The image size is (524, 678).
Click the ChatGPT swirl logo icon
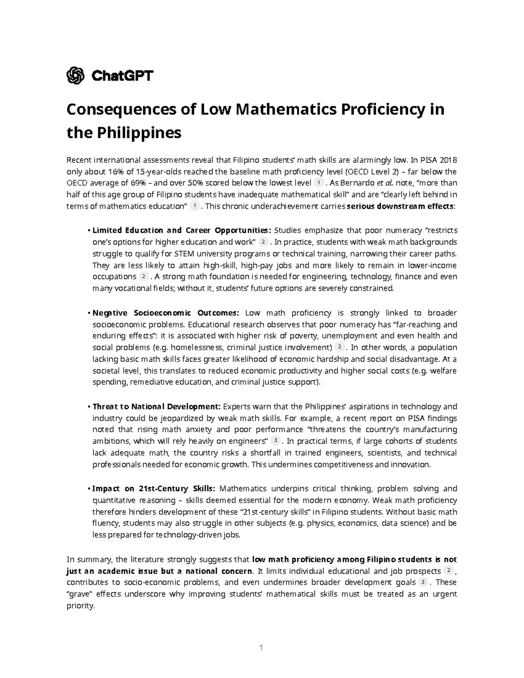tap(75, 76)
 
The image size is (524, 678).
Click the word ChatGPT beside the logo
tap(122, 76)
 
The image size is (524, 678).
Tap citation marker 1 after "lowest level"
tap(319, 182)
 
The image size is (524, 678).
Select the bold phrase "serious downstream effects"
tap(400, 206)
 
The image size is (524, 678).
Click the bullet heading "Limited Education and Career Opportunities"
tap(182, 230)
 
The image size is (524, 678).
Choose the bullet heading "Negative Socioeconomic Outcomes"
tap(166, 313)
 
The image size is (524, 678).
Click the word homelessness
tap(196, 348)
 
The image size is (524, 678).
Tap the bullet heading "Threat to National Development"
tap(157, 406)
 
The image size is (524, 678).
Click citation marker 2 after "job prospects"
tap(448, 571)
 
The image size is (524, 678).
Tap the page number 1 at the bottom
tap(261, 647)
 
